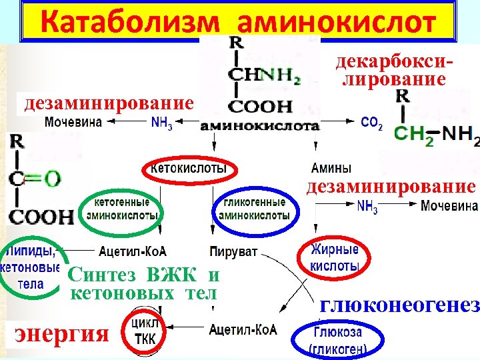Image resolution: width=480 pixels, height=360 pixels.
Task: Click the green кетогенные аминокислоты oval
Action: (x=121, y=208)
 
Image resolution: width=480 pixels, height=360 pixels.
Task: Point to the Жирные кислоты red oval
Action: (x=335, y=257)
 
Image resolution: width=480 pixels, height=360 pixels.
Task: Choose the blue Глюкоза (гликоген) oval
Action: (x=338, y=339)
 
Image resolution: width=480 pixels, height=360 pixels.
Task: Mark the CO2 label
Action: (x=371, y=123)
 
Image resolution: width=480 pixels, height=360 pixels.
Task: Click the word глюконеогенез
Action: (x=400, y=305)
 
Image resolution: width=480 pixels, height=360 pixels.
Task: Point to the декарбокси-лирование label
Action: (x=389, y=71)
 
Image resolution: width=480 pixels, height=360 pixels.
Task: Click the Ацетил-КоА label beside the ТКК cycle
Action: (x=243, y=329)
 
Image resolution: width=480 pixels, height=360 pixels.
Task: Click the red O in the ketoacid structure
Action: (x=52, y=178)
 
